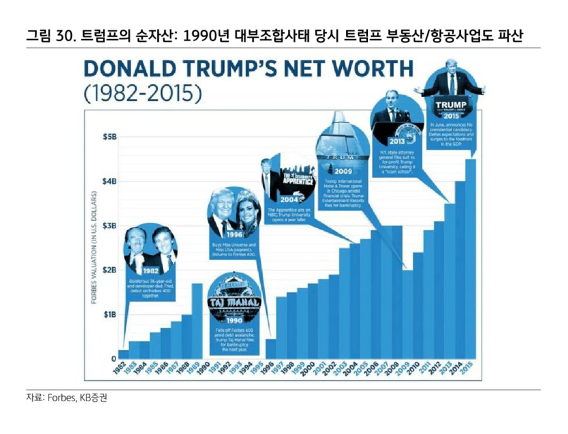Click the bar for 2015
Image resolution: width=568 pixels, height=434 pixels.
pyautogui.click(x=470, y=259)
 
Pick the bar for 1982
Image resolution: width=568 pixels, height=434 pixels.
pyautogui.click(x=124, y=353)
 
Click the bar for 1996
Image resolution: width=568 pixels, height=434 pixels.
pyautogui.click(x=270, y=348)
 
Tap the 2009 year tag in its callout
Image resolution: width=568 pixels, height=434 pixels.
pyautogui.click(x=343, y=171)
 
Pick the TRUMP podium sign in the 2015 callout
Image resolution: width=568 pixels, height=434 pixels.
pyautogui.click(x=449, y=104)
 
